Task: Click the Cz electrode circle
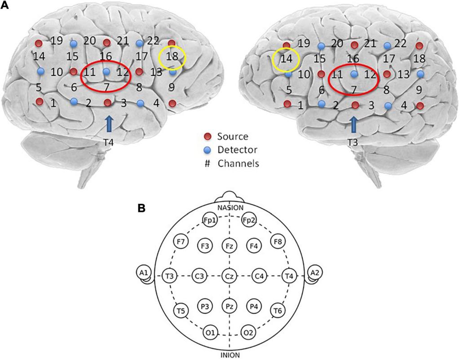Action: [230, 275]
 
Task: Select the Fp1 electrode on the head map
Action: [209, 220]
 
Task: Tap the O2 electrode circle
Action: [249, 333]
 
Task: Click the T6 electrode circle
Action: [278, 310]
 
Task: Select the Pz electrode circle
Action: [230, 307]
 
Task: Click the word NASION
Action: [230, 207]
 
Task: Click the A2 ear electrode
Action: [314, 273]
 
